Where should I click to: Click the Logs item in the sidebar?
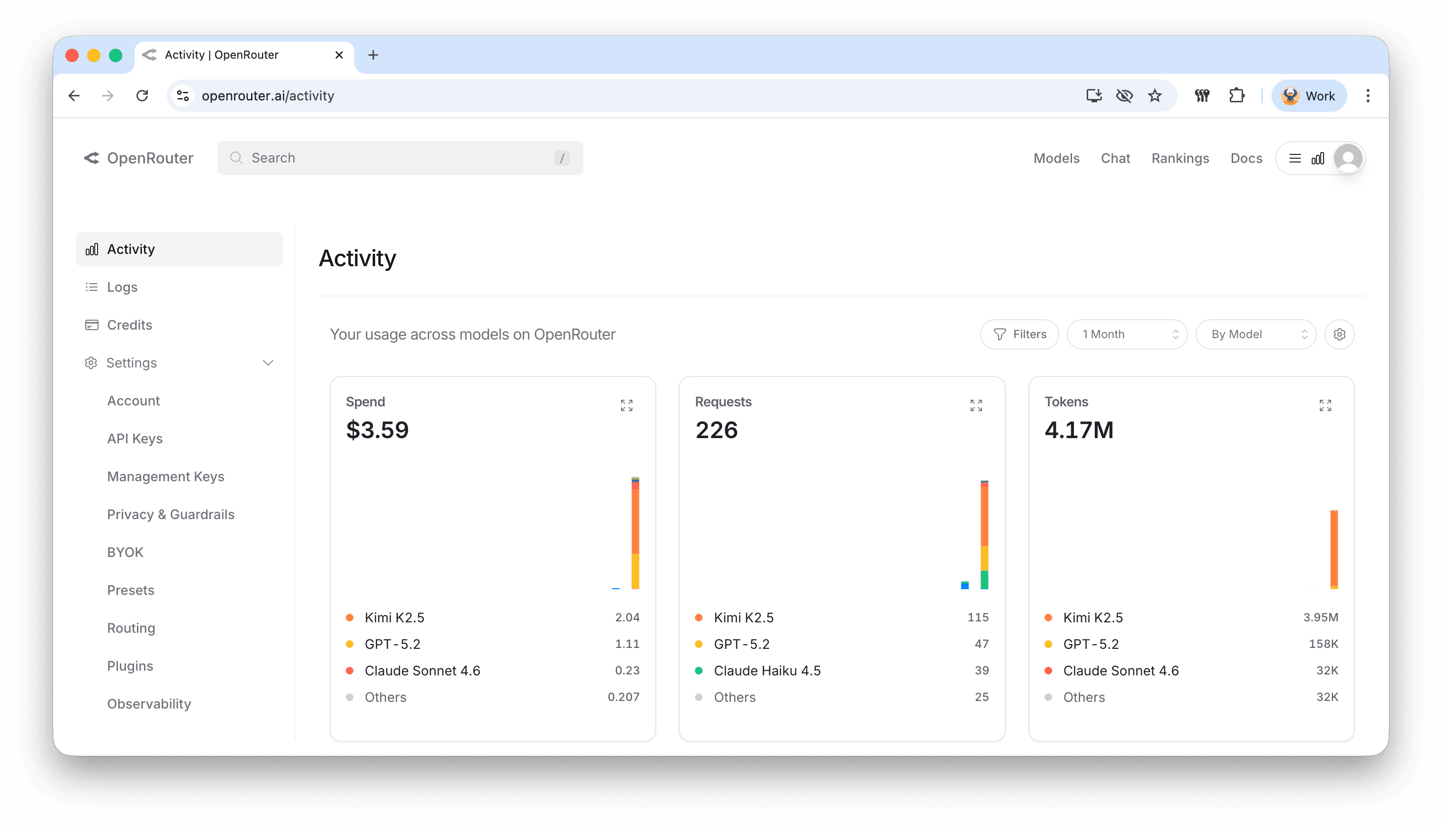click(122, 287)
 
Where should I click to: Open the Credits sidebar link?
click(129, 325)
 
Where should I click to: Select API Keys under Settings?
click(135, 439)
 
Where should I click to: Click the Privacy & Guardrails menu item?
click(171, 514)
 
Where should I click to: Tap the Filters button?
click(1019, 334)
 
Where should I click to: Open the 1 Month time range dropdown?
click(1127, 334)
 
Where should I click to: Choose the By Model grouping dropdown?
click(1255, 334)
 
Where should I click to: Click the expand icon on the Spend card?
click(626, 405)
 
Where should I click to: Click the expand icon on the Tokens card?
click(1325, 405)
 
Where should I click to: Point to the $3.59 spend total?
click(377, 430)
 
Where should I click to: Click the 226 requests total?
click(716, 430)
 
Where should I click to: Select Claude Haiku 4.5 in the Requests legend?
click(767, 671)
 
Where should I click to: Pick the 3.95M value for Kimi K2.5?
click(1320, 617)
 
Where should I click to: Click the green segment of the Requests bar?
click(984, 580)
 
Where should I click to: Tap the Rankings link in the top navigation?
click(1180, 158)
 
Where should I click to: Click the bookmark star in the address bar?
click(1154, 96)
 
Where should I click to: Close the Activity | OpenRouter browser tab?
click(339, 55)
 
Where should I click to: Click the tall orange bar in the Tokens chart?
click(1334, 548)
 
